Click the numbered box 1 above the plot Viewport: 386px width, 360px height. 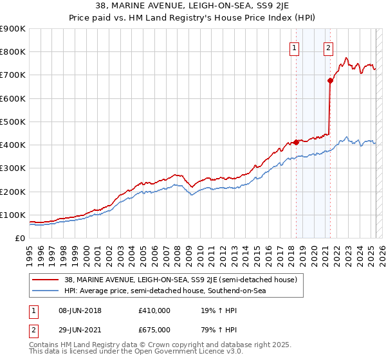coord(294,47)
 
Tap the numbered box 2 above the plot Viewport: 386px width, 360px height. coord(328,47)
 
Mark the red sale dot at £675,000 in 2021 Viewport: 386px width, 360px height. coord(330,80)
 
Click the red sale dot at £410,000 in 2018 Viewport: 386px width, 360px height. coord(296,142)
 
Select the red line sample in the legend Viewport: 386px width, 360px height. coord(45,280)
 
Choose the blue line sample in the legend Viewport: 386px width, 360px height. coord(45,291)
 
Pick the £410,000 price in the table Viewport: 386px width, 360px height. coord(154,310)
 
